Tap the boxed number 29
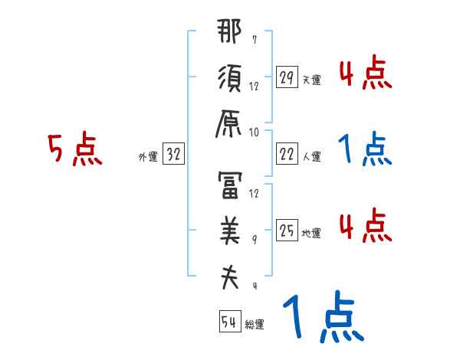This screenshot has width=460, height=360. (x=287, y=77)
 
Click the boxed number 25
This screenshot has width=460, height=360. (x=287, y=231)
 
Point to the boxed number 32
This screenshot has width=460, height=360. (x=172, y=155)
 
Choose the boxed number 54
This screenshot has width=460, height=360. (x=229, y=322)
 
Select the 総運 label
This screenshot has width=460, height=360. (x=255, y=324)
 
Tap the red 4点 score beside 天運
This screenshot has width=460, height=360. (x=365, y=74)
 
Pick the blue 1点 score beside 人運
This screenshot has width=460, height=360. (x=365, y=151)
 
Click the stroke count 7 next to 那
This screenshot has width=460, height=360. (x=254, y=39)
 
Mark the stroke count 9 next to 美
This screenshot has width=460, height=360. (x=254, y=240)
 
